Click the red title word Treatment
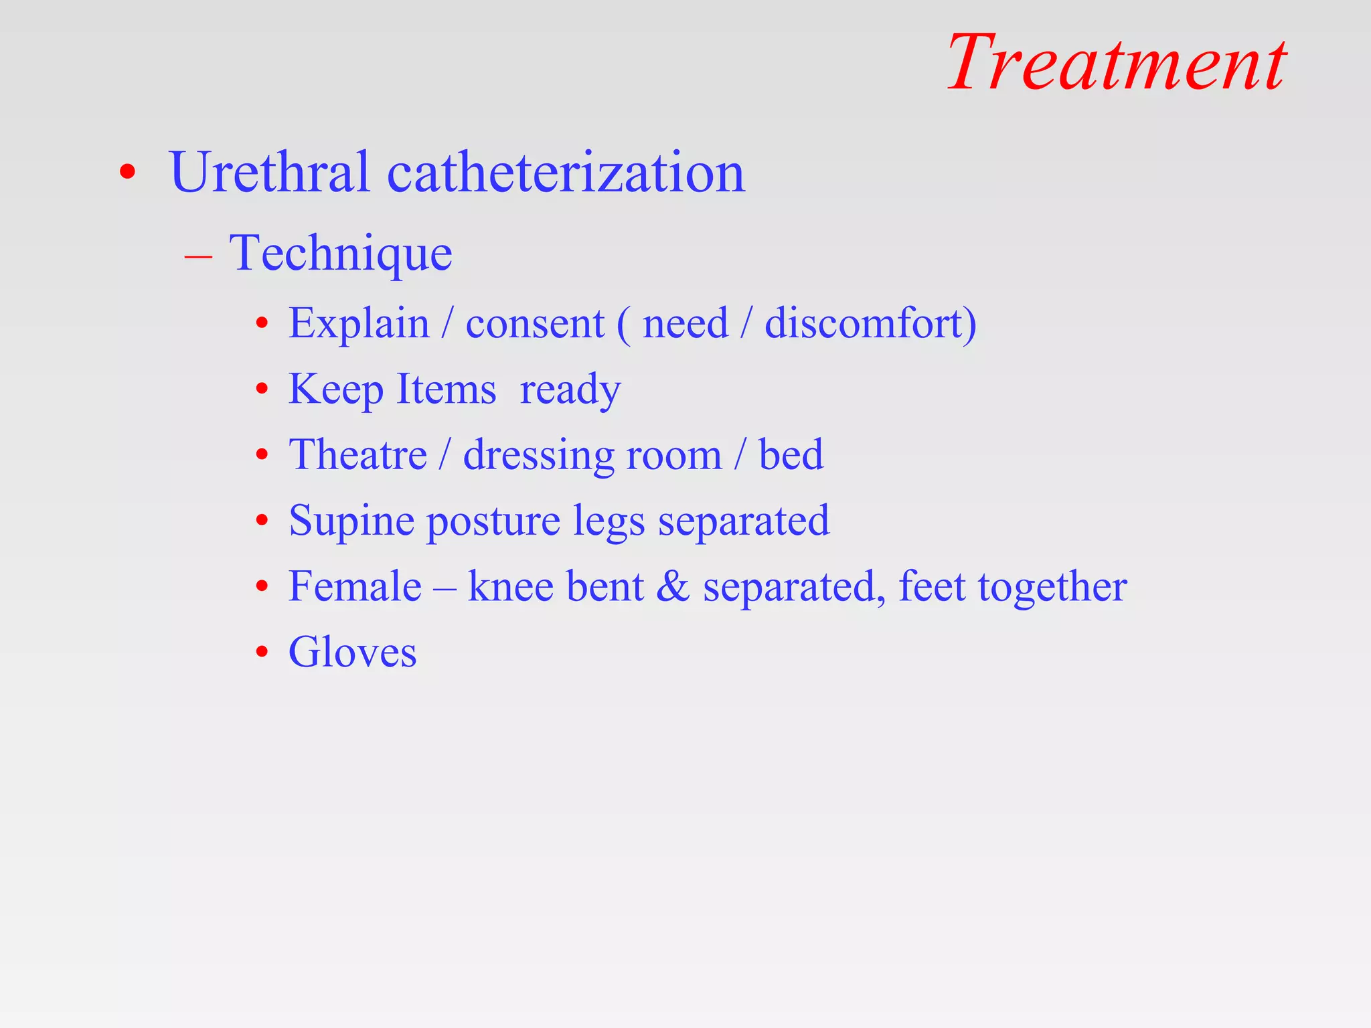(x=1116, y=63)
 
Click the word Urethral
(x=270, y=173)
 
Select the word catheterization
(x=566, y=173)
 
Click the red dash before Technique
(x=198, y=257)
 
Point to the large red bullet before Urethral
(x=127, y=173)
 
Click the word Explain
(x=359, y=324)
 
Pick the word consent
(x=534, y=324)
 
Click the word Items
(x=446, y=390)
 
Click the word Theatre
(x=357, y=455)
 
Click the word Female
(x=355, y=587)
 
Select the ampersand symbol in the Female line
(x=673, y=587)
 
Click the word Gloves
(x=352, y=653)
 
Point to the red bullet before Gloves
(x=262, y=652)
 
